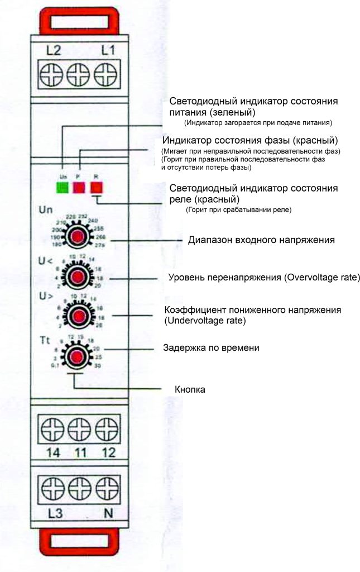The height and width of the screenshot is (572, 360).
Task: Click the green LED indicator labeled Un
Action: point(62,186)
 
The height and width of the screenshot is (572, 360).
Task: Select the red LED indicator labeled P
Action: point(80,186)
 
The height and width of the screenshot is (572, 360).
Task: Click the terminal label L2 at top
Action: point(54,51)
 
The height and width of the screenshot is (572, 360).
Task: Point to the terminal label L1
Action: point(108,51)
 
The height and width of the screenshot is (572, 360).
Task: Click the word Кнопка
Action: point(190,389)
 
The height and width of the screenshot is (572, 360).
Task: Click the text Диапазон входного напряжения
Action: point(261,240)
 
